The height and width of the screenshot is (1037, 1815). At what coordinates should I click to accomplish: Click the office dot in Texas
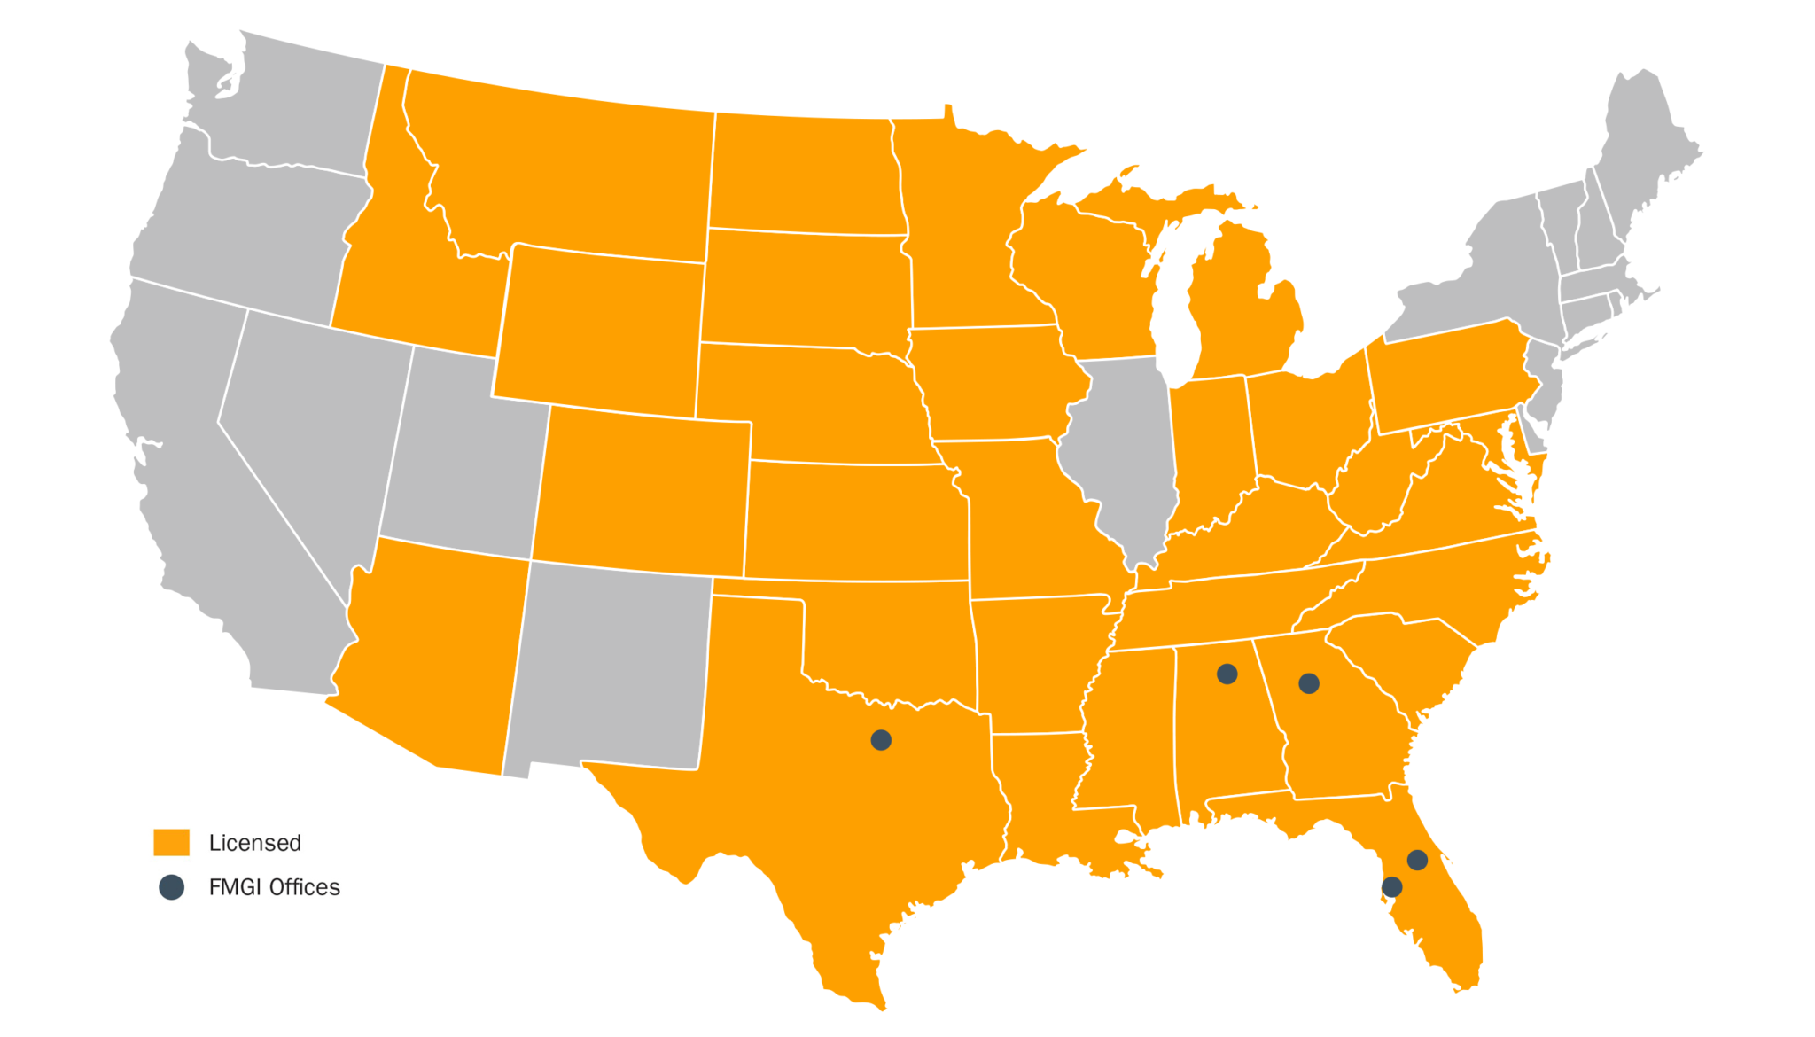point(881,740)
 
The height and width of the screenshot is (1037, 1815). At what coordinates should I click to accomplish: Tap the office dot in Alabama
point(1227,674)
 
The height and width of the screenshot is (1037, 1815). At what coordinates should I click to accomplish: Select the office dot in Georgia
point(1309,683)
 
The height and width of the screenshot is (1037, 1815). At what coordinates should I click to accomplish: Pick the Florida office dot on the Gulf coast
point(1392,886)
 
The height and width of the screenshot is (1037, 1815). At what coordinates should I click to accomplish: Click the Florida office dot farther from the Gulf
point(1417,860)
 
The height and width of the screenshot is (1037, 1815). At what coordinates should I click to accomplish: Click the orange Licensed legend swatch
point(171,842)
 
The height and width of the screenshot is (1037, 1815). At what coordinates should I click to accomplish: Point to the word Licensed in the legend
point(255,843)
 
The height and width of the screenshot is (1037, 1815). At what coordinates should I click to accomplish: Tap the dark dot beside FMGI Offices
point(171,887)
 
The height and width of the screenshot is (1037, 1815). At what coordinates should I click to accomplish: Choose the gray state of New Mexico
point(611,665)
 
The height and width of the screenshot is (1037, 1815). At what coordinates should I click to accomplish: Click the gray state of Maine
point(1648,142)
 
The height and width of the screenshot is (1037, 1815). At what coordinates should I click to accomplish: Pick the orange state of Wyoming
point(603,328)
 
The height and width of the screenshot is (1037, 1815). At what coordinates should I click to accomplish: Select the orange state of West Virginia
point(1369,492)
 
